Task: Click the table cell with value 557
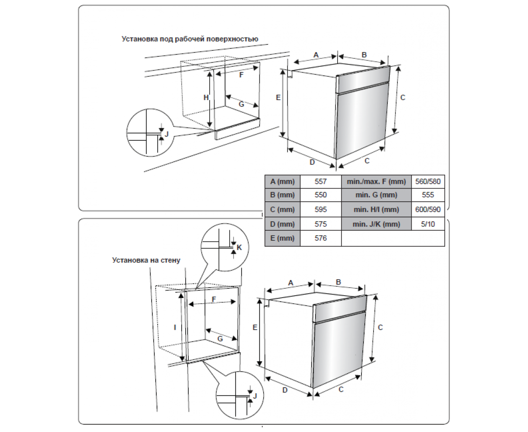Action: (321, 181)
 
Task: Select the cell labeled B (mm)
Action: (282, 195)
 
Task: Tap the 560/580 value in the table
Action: (428, 181)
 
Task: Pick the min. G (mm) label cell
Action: (376, 195)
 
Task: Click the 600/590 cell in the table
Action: (428, 209)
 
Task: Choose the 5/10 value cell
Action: (428, 224)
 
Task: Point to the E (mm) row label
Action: (282, 238)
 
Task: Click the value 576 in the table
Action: (321, 238)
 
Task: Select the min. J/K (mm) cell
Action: (376, 224)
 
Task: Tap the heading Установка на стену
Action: (146, 260)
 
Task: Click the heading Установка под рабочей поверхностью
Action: (189, 39)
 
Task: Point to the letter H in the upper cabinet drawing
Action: (206, 97)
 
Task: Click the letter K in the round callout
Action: (239, 247)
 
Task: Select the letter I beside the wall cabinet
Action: (175, 327)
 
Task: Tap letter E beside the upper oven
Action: (278, 98)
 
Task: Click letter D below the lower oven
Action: (285, 390)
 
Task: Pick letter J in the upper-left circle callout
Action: (166, 134)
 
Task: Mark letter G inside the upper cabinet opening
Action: (241, 104)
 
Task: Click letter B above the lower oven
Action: (339, 282)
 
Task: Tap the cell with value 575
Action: (321, 224)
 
